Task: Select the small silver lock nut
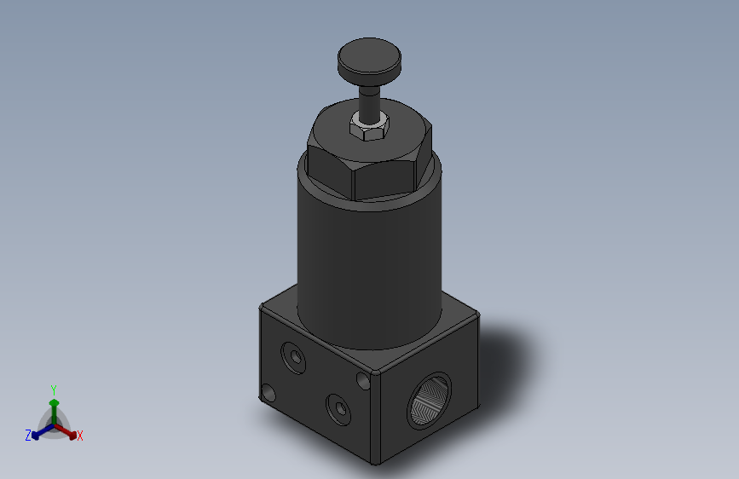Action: [369, 129]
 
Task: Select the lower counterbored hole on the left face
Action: [338, 408]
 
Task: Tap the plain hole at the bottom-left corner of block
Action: [268, 393]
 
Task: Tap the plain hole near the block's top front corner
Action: [362, 378]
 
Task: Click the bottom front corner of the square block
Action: [373, 462]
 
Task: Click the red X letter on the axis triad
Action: [80, 436]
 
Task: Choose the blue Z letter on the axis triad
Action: [28, 436]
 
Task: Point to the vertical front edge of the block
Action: [374, 418]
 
